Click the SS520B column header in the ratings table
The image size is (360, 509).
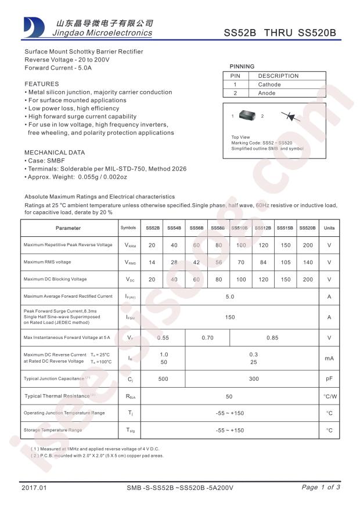pos(307,228)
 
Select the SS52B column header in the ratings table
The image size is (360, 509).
pos(152,228)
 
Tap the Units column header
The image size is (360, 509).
pos(329,228)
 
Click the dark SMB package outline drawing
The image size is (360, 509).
pos(247,116)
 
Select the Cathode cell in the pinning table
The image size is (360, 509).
pos(269,84)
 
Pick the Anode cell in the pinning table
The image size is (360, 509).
pos(267,93)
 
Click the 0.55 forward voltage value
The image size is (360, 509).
pos(163,337)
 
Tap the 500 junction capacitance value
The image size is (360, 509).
pos(163,379)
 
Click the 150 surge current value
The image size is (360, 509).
pos(230,317)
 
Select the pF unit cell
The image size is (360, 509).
pos(329,379)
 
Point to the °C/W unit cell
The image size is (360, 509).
pos(329,396)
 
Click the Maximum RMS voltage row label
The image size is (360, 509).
pos(48,262)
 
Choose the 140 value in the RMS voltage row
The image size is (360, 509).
pos(307,262)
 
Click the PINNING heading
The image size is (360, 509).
pos(242,67)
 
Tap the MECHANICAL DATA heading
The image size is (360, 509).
pos(55,153)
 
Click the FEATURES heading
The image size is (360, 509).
pos(41,84)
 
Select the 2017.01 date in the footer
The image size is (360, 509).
pos(33,488)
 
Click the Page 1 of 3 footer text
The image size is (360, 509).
pos(321,488)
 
